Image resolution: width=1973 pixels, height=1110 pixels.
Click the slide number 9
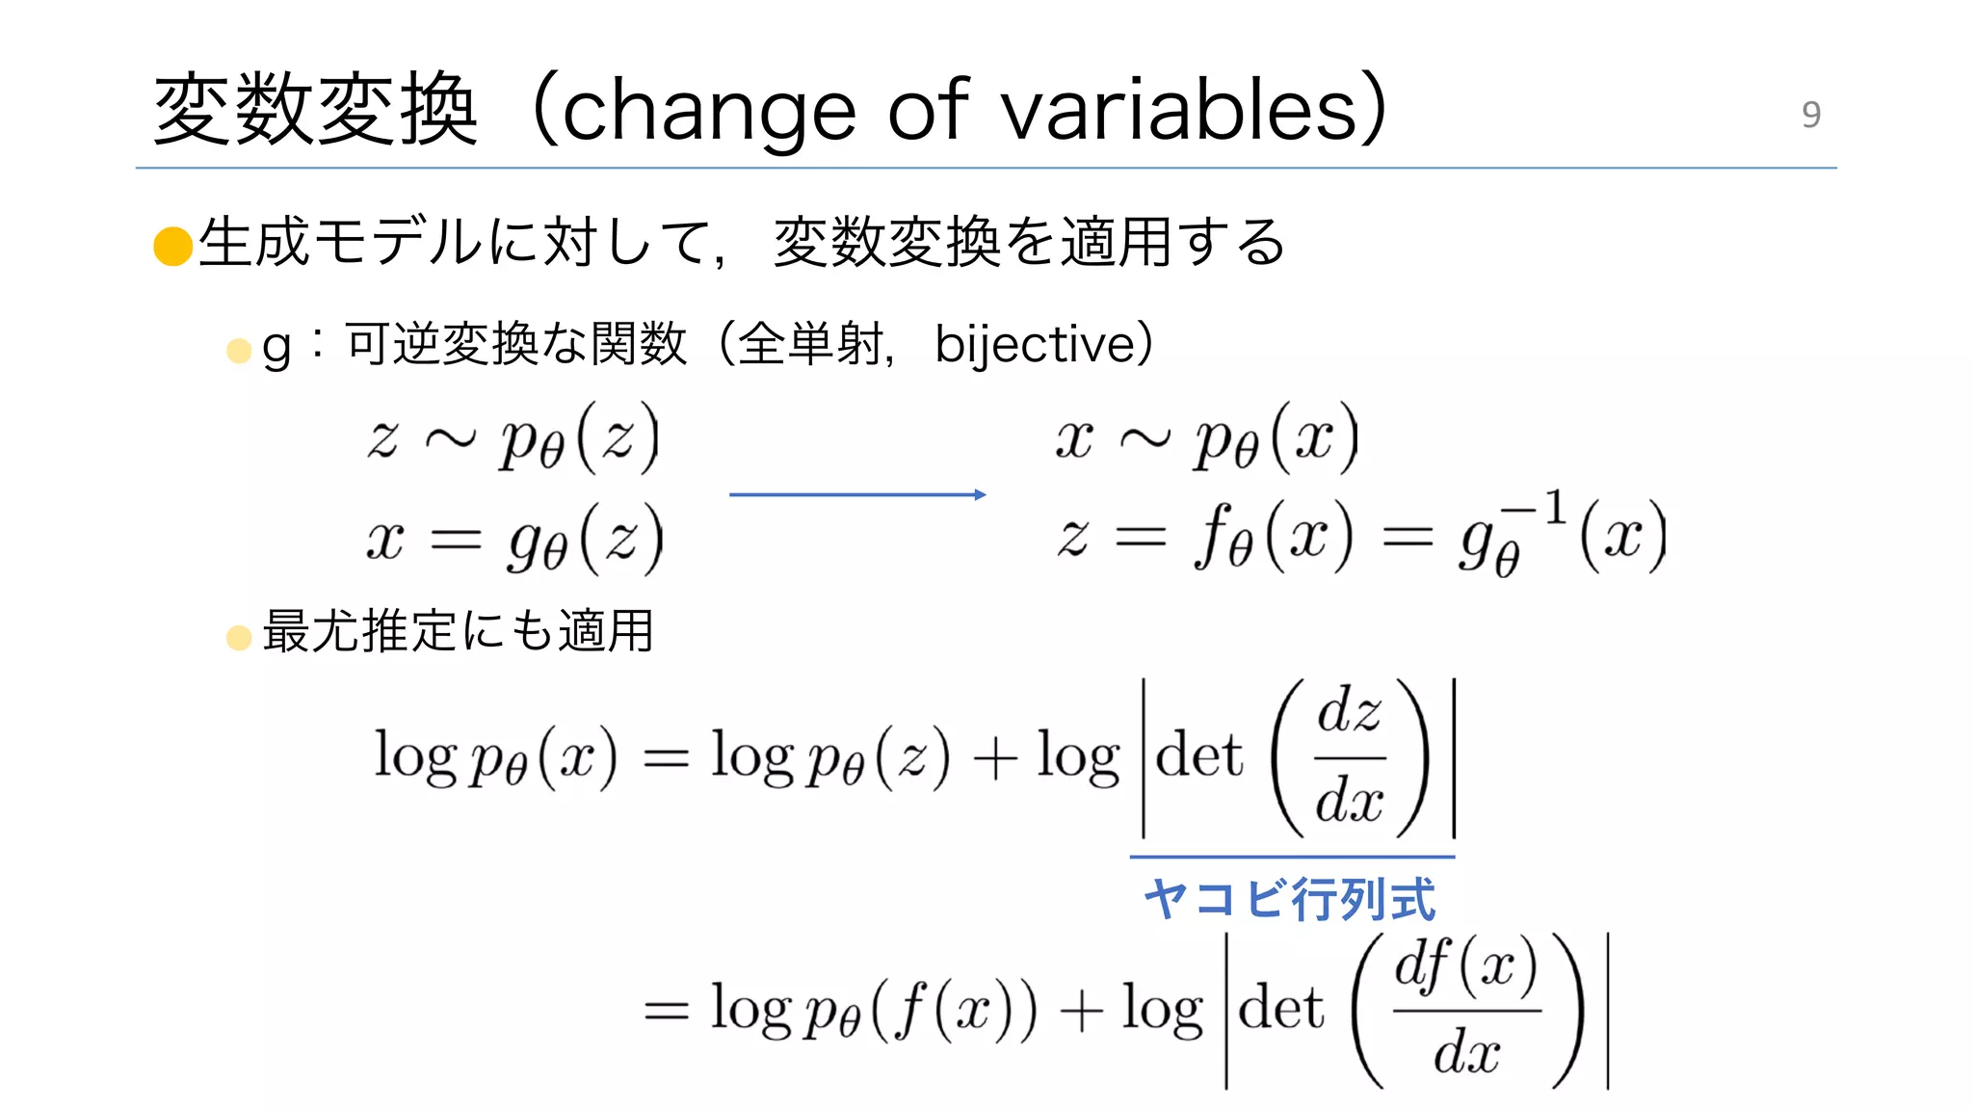(1811, 115)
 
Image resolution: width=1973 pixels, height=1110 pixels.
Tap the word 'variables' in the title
(1179, 110)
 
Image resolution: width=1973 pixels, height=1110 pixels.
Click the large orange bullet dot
(173, 246)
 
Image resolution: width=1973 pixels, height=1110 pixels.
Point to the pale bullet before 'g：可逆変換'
(239, 351)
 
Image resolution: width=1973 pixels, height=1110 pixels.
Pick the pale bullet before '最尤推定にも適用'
(239, 637)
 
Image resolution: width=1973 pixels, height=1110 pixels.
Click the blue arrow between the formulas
(857, 494)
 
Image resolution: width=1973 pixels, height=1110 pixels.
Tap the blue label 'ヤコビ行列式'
(1289, 899)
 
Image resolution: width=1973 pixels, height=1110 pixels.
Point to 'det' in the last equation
(1280, 1009)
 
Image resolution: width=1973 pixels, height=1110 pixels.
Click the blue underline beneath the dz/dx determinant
(1292, 856)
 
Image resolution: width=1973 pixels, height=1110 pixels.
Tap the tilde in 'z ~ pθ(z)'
(450, 440)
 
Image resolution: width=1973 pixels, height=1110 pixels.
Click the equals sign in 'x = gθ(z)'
(455, 541)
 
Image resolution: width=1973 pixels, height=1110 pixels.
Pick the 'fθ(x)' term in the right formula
(1273, 537)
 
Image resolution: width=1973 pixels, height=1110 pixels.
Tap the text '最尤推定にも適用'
(458, 632)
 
